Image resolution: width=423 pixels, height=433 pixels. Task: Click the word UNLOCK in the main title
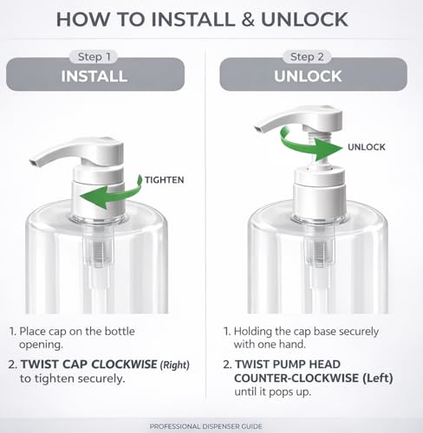click(304, 19)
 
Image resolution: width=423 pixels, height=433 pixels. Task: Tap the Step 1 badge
click(94, 57)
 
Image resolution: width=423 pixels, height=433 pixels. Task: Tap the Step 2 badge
click(307, 57)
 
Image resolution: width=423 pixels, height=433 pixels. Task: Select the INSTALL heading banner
click(95, 74)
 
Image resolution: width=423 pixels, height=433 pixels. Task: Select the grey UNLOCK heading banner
click(314, 74)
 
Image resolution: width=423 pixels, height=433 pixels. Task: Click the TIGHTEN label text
click(164, 180)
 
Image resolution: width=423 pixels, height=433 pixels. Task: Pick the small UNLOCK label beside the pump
click(367, 147)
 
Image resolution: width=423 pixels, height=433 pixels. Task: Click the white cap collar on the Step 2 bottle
click(319, 193)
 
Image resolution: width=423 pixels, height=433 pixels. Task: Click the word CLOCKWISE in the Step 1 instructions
click(125, 365)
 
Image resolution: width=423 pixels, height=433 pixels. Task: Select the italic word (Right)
click(175, 365)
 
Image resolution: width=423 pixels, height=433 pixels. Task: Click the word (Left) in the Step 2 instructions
click(378, 378)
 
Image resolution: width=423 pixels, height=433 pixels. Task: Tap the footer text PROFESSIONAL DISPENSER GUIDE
click(205, 426)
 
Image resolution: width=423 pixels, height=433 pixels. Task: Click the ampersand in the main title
click(248, 20)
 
